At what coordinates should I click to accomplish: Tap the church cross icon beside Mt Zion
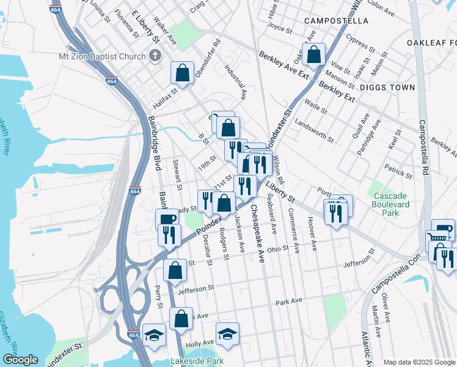156,56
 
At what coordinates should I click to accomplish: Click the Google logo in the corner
20,360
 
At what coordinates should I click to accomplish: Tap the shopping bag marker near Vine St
313,54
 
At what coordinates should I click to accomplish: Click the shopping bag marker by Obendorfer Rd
183,73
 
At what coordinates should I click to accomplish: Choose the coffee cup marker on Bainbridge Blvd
167,220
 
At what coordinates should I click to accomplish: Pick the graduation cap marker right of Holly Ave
227,333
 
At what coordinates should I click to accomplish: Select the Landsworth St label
314,130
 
